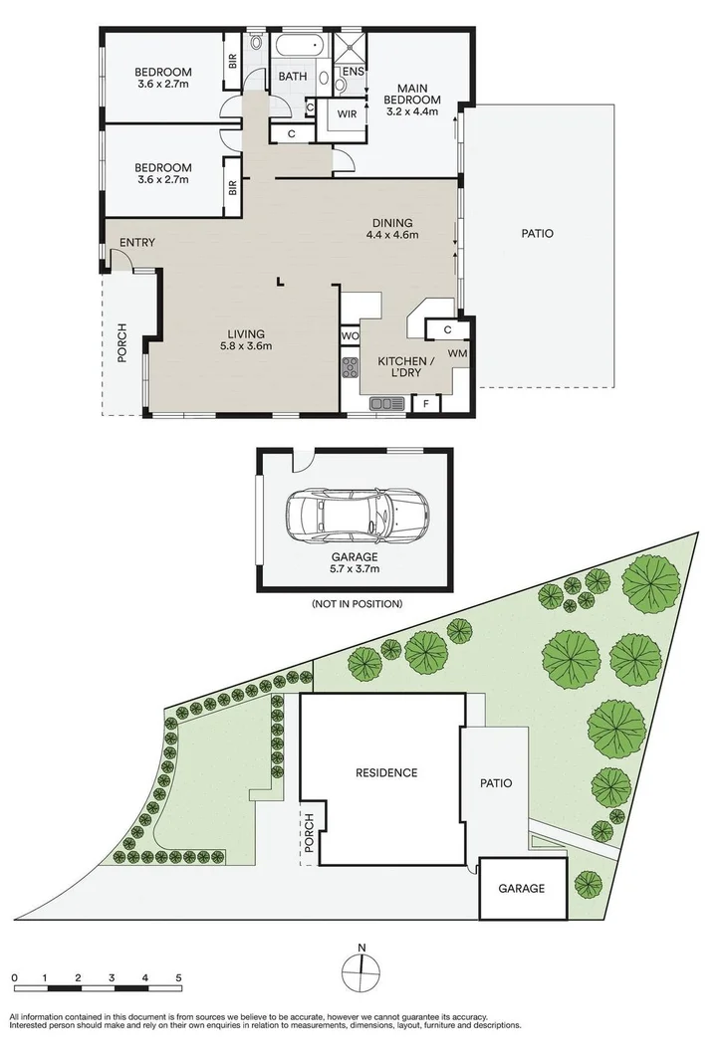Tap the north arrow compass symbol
coord(362,965)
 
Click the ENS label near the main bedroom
coord(354,73)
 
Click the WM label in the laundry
coord(456,353)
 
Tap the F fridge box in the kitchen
coord(425,403)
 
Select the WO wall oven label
coord(350,336)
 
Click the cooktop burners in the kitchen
coord(351,368)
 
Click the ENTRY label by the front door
coord(136,243)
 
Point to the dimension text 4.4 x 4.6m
coord(391,236)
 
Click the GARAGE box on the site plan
coord(521,889)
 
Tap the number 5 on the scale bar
coord(178,978)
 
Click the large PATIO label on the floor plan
coord(536,234)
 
